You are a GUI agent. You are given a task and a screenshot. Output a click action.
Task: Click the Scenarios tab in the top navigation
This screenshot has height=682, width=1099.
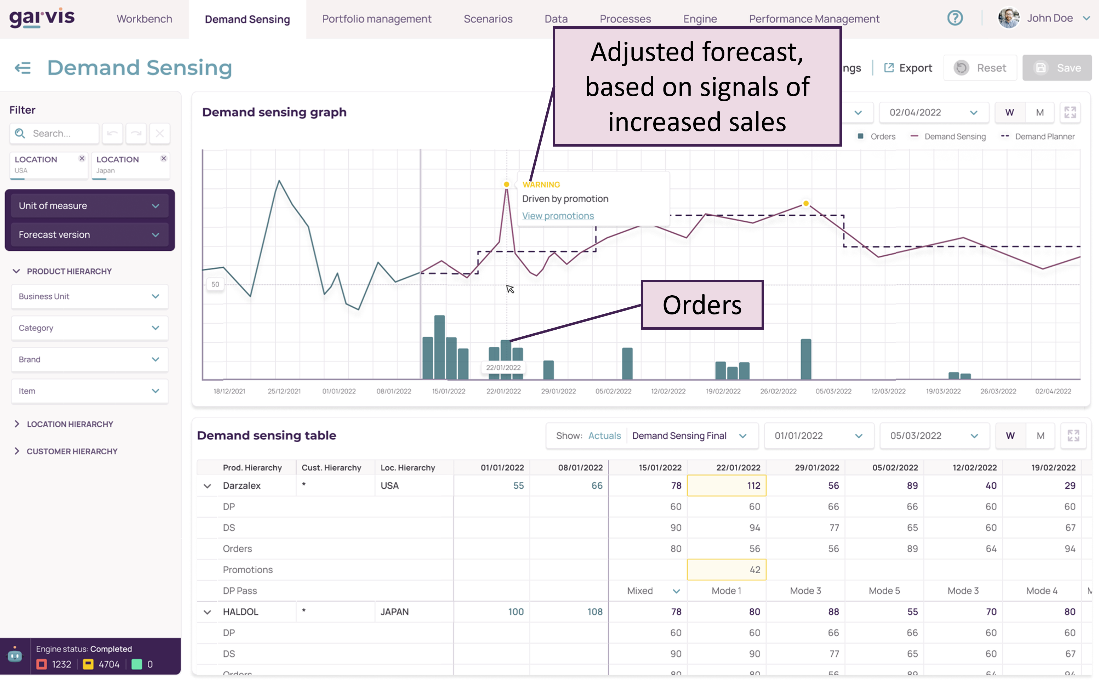[488, 19]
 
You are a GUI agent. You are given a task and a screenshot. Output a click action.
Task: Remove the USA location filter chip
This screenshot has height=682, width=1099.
[82, 158]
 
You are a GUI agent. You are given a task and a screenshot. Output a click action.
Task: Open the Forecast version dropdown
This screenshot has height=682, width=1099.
[89, 234]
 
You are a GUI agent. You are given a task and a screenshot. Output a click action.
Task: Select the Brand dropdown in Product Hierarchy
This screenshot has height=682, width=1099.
[89, 359]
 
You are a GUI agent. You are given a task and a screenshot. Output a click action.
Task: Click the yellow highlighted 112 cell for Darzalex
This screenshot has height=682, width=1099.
[726, 486]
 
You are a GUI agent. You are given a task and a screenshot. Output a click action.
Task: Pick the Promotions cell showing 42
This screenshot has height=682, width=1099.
[726, 570]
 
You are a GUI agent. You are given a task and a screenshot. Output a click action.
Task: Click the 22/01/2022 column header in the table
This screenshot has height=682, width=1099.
[738, 468]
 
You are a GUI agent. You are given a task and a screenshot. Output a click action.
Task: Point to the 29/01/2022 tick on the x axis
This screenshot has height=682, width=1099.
[558, 391]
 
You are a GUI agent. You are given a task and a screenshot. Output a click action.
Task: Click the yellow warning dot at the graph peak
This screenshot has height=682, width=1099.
[506, 184]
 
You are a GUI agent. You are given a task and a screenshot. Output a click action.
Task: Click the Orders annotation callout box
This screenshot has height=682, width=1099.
[702, 305]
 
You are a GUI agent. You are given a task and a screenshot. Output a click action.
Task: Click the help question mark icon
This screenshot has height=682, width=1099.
[955, 18]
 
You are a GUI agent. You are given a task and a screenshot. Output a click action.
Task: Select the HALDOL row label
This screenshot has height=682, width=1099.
[240, 612]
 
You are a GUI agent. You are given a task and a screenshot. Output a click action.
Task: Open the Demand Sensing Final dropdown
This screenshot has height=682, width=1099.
[689, 436]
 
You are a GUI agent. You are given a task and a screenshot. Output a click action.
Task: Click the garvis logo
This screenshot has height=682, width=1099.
[42, 18]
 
